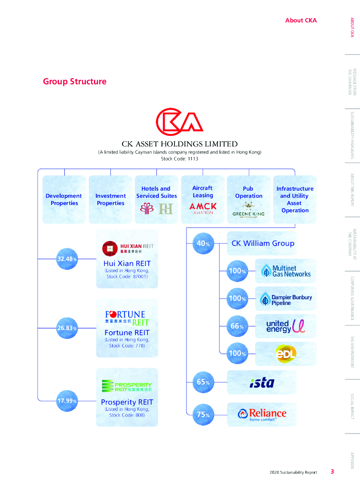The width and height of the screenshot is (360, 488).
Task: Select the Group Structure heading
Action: pos(74,81)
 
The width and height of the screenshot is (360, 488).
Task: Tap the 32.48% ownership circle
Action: pos(67,259)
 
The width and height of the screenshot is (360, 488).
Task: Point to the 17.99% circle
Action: pos(67,401)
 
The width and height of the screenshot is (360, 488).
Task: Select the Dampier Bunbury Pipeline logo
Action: pos(286,299)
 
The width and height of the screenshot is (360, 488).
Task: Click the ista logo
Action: pos(262,382)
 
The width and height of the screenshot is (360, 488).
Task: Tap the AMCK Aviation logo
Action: pos(203,208)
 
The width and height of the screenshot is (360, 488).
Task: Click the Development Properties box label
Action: pos(64,200)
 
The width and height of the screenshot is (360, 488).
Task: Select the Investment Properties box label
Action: pos(111,200)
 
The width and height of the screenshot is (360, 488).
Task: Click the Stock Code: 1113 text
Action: pos(179,159)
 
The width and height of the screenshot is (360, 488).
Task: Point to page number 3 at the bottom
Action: pos(332,472)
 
